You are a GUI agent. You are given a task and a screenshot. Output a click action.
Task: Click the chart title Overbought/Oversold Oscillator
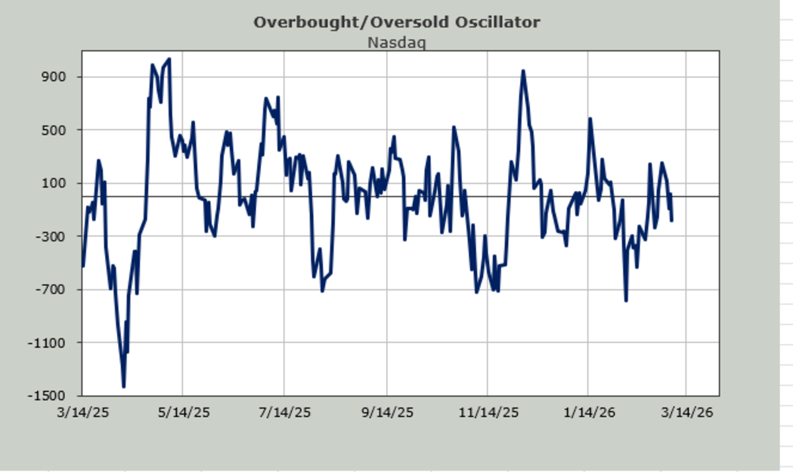[x=397, y=22]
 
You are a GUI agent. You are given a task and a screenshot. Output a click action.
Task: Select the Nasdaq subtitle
[x=397, y=43]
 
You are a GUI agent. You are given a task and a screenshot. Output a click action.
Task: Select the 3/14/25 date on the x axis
[x=83, y=413]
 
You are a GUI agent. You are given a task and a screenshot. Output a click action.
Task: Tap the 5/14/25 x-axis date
[x=183, y=413]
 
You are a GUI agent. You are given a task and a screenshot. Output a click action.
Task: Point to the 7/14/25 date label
[x=284, y=413]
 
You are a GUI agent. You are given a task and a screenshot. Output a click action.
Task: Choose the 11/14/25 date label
[x=488, y=413]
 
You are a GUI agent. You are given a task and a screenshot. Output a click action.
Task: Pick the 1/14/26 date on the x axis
[x=589, y=413]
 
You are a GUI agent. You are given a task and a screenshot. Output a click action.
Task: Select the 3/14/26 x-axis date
[x=687, y=413]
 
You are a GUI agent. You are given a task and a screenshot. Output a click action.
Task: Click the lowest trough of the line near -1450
[x=124, y=386]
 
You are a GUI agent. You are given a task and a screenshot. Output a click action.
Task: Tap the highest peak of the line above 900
[x=169, y=59]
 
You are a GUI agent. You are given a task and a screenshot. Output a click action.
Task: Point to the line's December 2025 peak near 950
[x=523, y=71]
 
